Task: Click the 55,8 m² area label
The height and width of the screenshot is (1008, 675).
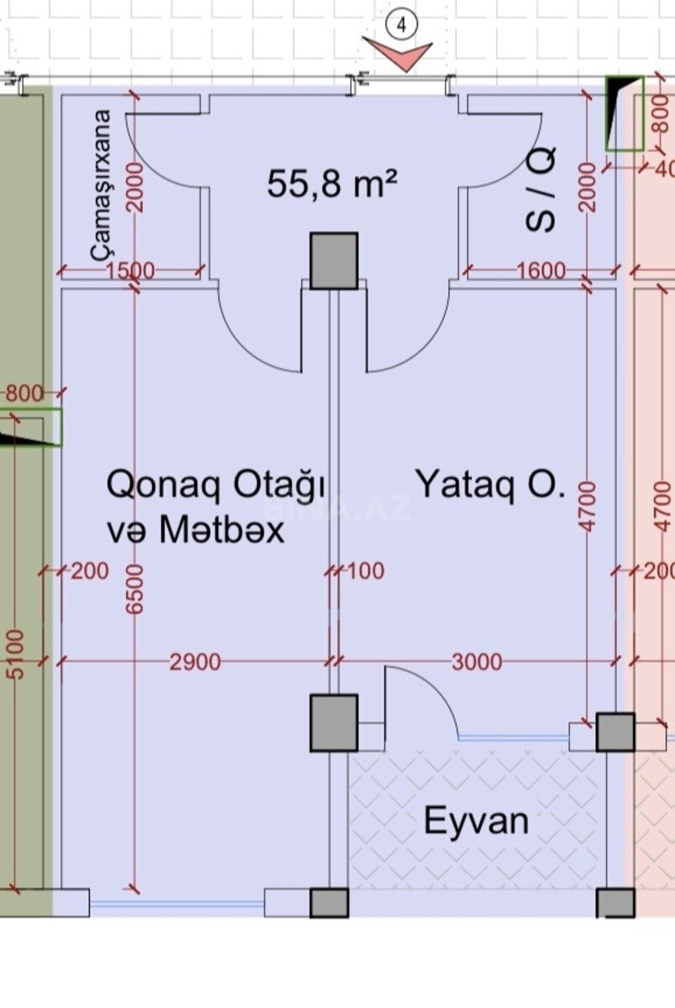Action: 332,183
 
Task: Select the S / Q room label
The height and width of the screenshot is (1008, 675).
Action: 542,191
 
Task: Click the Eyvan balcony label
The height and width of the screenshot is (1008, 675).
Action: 476,821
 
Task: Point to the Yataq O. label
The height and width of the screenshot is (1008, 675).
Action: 490,486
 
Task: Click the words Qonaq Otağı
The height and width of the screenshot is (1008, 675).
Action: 216,486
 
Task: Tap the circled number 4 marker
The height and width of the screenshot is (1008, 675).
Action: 401,26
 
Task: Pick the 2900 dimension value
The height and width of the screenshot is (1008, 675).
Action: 195,663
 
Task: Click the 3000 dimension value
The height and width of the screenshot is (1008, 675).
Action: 476,663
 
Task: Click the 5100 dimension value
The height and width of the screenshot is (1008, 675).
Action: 13,656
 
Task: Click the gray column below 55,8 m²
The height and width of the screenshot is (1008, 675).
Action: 334,260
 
